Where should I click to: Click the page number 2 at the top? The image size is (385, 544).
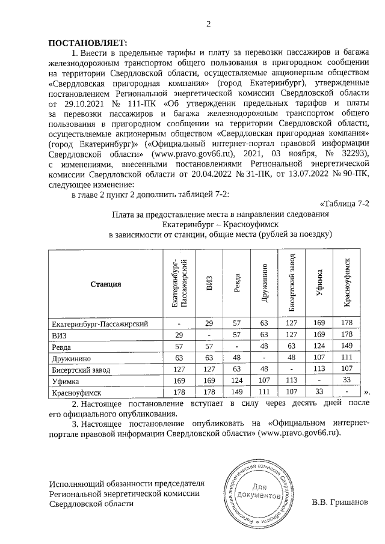click(209, 25)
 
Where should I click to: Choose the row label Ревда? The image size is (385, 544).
click(63, 347)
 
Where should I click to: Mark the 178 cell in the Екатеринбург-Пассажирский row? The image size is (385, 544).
click(346, 324)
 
